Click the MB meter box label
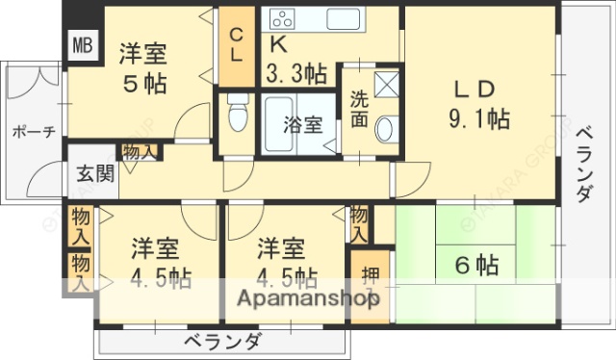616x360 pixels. coord(81,45)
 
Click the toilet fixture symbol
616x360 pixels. coord(237,115)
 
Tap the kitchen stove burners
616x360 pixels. coord(283,17)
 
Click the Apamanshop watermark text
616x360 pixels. coord(303,298)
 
